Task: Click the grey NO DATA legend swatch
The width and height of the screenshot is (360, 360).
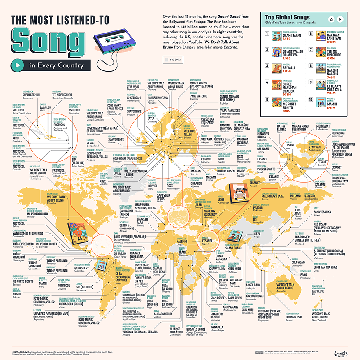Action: [165, 60]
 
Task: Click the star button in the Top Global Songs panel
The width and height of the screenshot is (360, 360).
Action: [331, 19]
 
